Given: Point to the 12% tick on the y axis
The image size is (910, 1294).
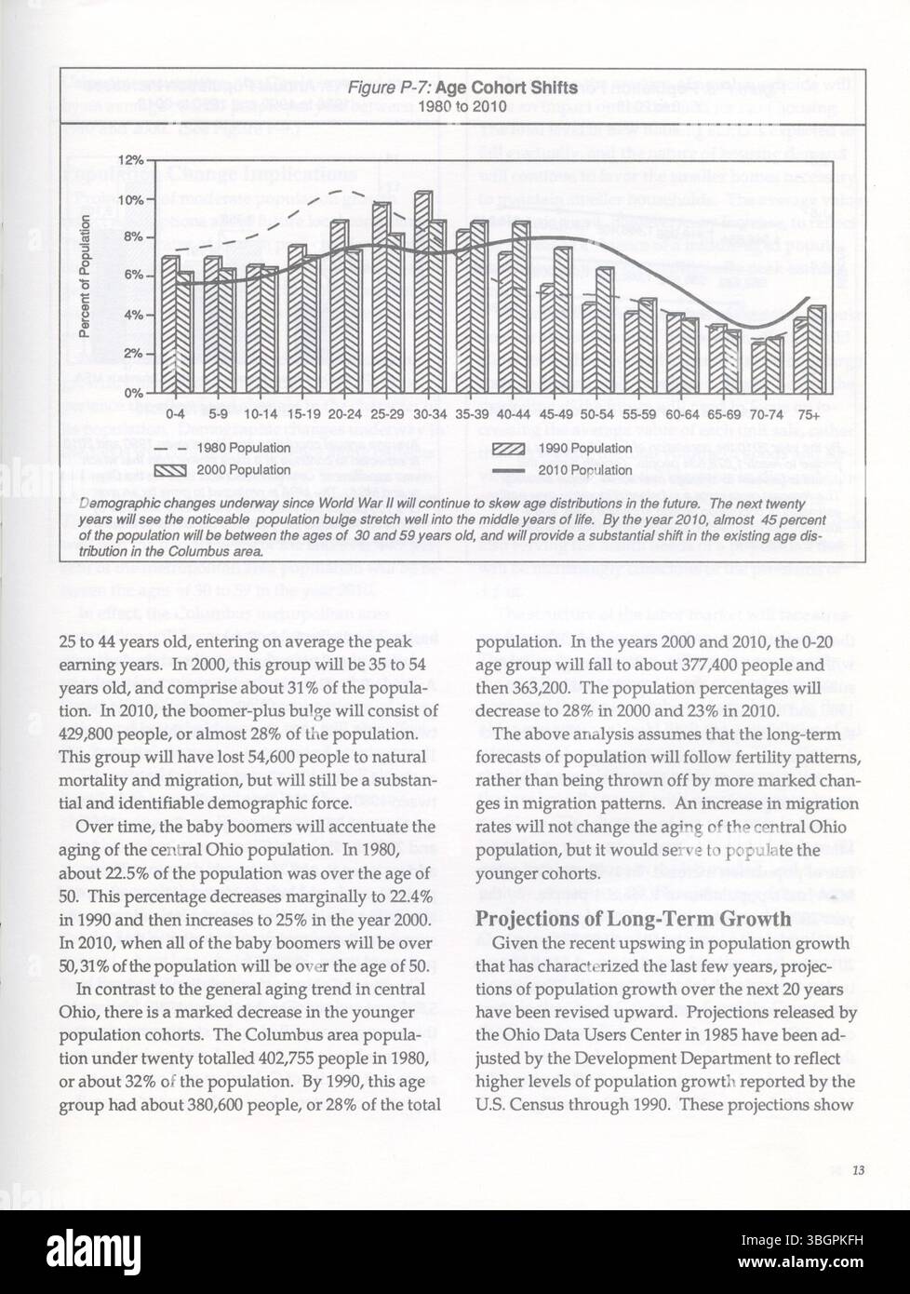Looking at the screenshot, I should [130, 160].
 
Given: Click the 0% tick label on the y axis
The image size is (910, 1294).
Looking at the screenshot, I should [132, 393].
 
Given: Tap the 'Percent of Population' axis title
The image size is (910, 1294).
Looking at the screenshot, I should [84, 276].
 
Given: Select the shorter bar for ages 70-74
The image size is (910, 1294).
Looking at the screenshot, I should [758, 368].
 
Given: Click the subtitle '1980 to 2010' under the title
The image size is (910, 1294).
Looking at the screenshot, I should [462, 106].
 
